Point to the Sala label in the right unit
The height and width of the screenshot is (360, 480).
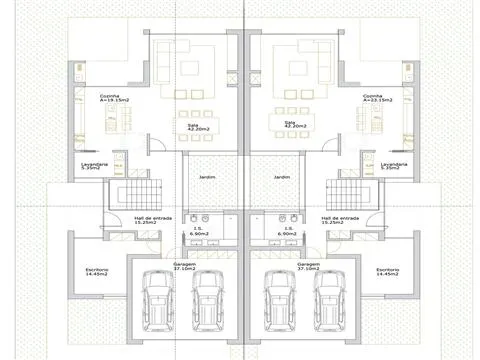(291, 125)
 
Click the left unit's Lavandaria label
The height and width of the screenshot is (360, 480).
(93, 166)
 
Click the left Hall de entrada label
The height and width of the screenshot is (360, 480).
(152, 219)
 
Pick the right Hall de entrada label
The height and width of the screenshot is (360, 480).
(339, 219)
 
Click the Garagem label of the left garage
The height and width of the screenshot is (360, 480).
(183, 266)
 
